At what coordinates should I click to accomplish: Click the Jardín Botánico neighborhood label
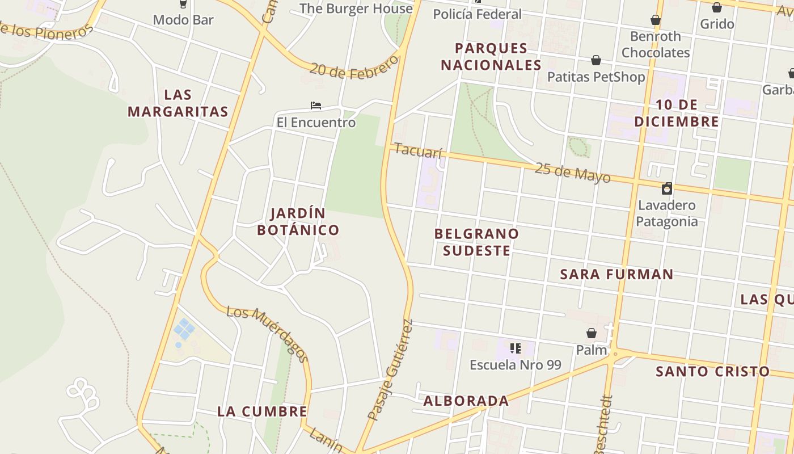pos(298,221)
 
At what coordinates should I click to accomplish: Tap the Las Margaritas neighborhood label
pos(178,103)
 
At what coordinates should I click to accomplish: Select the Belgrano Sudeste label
pos(476,242)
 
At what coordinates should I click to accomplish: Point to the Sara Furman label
pos(616,275)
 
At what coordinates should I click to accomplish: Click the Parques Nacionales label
pos(491,57)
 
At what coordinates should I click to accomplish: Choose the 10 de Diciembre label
pos(677,113)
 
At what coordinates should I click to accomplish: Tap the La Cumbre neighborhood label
pos(262,411)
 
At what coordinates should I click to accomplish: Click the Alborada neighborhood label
pos(466,401)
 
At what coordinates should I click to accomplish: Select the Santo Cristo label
pos(712,372)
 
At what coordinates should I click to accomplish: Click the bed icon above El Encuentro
pos(316,106)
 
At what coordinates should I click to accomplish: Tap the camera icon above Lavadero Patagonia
pos(667,188)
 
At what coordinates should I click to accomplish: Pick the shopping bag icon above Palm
pos(592,333)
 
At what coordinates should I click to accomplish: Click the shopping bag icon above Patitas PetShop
pos(596,60)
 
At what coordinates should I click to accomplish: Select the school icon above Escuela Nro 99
pos(515,348)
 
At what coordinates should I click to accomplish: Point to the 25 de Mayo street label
pos(572,173)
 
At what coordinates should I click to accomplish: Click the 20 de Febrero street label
pos(355,68)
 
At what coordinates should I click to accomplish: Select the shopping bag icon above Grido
pos(717,7)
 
